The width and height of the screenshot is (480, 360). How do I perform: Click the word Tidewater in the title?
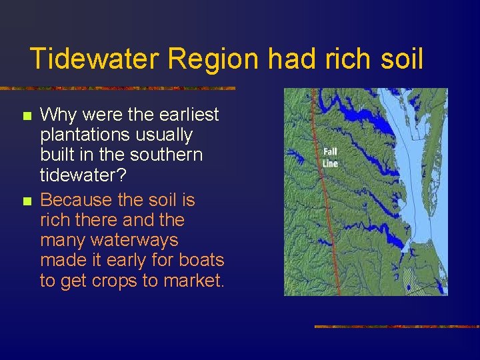click(95, 59)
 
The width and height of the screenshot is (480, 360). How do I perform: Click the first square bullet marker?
click(27, 116)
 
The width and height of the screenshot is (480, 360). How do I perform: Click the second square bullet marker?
click(27, 201)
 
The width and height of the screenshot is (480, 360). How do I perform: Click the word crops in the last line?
click(112, 281)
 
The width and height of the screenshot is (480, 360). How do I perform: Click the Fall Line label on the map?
click(330, 158)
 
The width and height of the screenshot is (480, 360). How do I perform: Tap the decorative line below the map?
click(397, 327)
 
